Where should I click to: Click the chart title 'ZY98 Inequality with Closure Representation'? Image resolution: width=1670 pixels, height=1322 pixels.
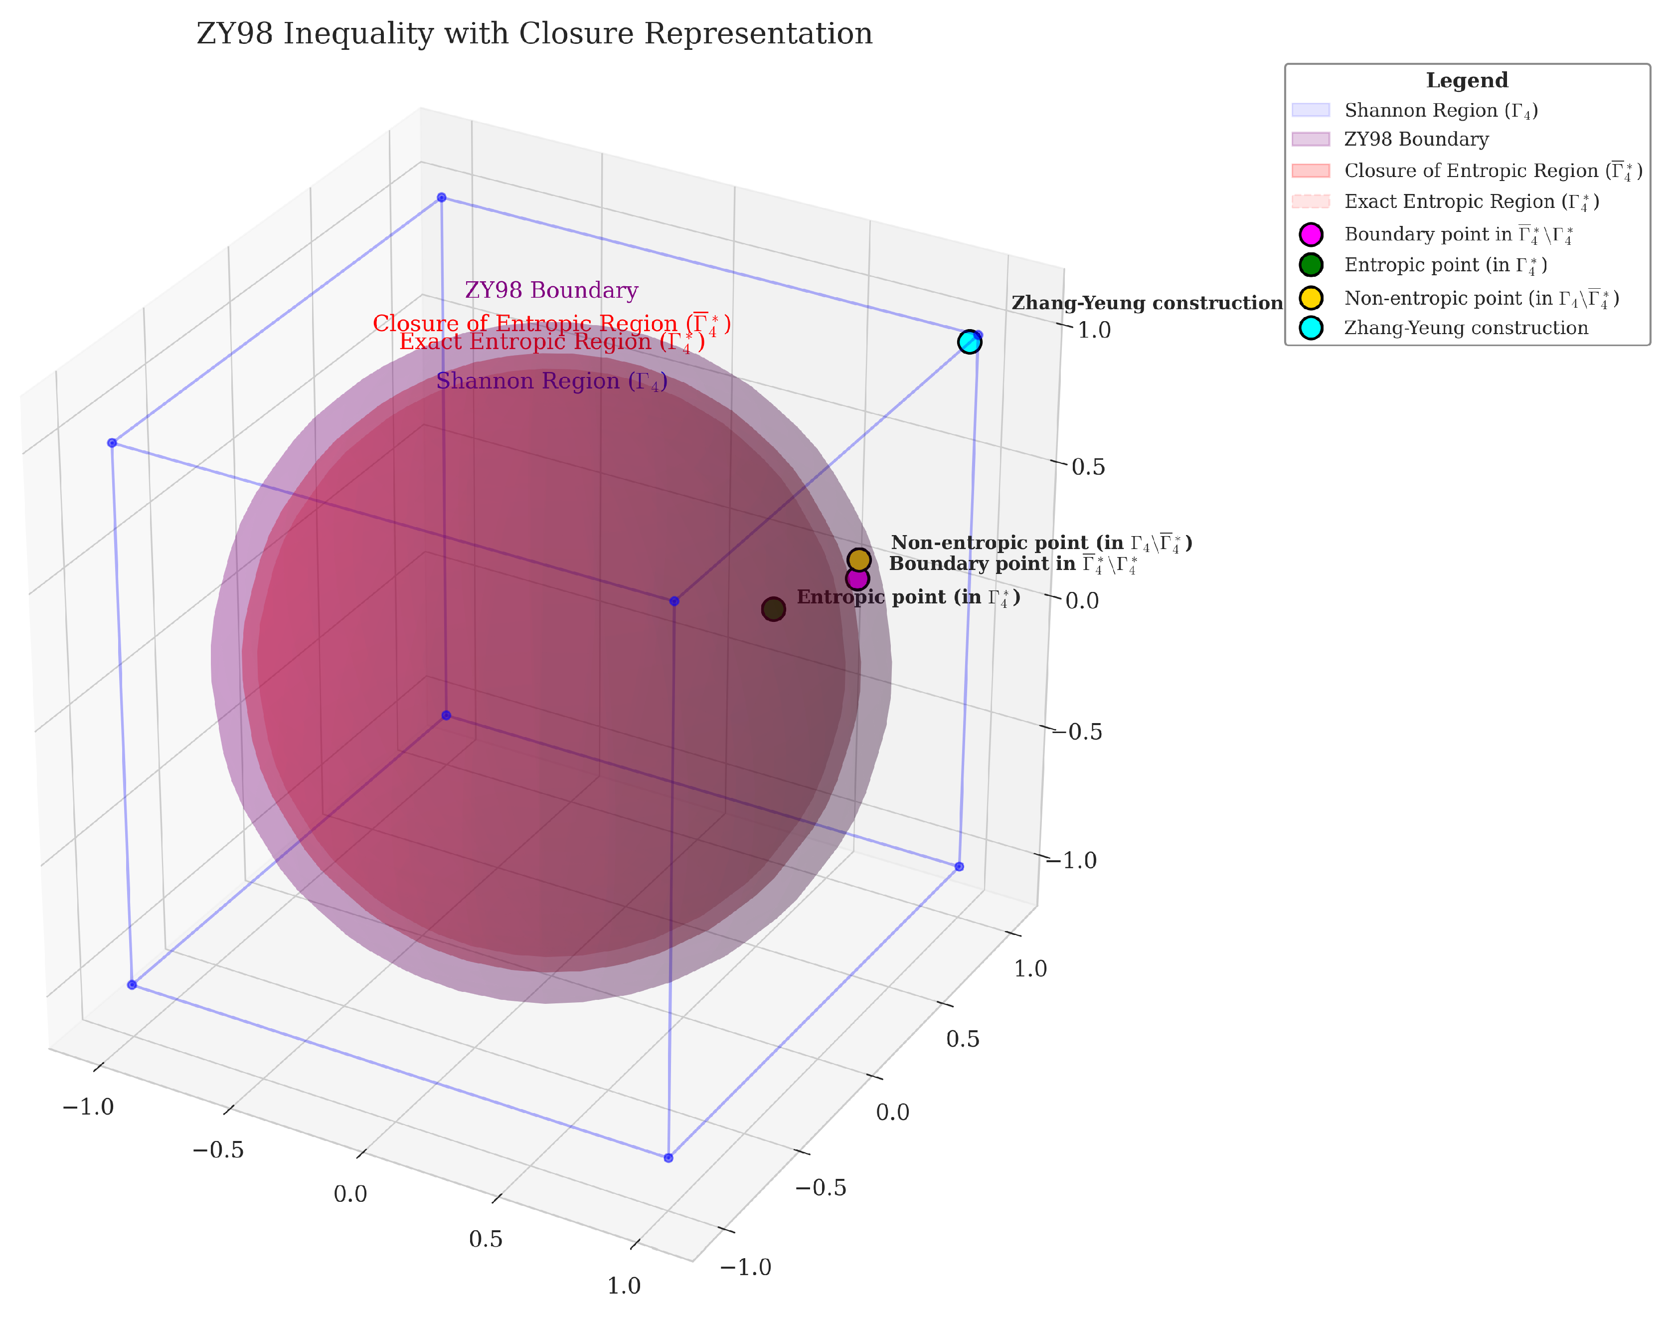534,34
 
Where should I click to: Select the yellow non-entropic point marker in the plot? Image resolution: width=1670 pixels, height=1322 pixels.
859,560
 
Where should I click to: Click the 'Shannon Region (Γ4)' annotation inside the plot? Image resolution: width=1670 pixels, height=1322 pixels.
551,381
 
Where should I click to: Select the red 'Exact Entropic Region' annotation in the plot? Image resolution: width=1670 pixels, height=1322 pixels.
551,342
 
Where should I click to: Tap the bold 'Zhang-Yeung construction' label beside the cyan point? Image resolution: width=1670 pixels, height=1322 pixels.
1146,303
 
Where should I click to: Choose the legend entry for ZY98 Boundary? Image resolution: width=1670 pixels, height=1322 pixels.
1415,139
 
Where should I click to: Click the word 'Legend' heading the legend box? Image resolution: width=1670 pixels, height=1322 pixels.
1467,80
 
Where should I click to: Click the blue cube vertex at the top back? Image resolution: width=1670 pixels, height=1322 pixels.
441,197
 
